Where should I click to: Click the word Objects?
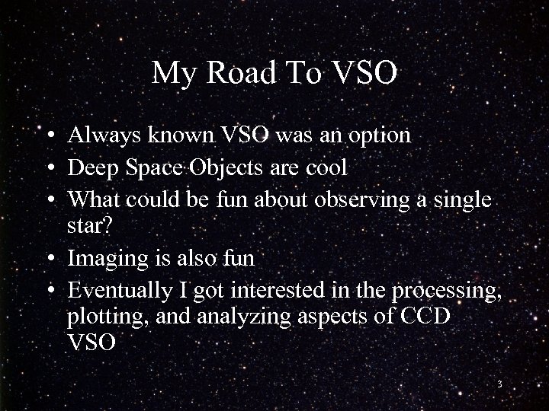click(219, 167)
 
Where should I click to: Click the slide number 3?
click(499, 384)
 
